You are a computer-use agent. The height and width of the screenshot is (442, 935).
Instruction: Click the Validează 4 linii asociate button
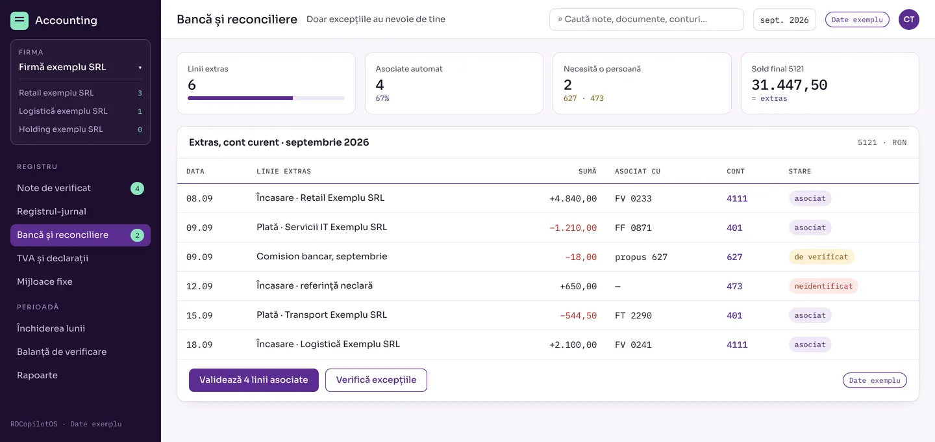click(253, 380)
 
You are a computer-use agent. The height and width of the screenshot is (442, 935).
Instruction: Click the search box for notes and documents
click(646, 19)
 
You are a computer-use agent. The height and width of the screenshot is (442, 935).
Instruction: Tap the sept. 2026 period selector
click(784, 19)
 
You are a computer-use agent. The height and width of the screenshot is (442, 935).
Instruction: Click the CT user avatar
click(909, 19)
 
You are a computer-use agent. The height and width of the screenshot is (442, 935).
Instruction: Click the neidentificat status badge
click(823, 286)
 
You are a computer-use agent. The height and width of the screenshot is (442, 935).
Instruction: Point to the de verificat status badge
click(821, 257)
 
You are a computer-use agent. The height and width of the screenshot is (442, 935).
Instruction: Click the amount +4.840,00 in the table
click(573, 198)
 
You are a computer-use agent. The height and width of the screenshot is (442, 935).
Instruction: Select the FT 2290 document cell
click(633, 315)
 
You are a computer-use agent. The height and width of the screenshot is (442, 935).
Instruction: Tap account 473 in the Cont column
click(734, 286)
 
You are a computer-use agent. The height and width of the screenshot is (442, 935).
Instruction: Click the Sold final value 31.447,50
click(789, 84)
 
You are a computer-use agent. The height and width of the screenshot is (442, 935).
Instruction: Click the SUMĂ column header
click(587, 171)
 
